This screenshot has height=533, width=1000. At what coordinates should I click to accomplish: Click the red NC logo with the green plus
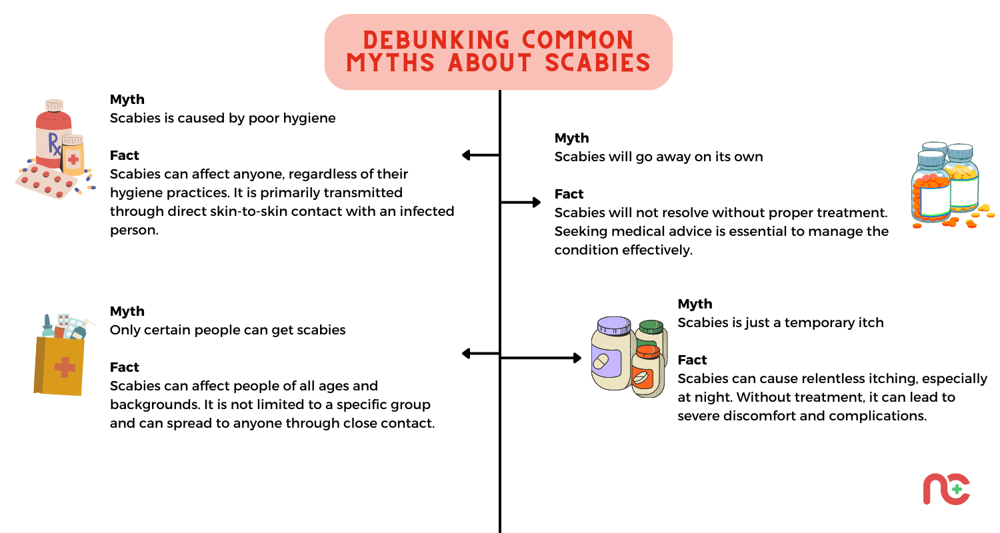pyautogui.click(x=946, y=489)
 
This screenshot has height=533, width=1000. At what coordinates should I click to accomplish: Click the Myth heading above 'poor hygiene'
pyautogui.click(x=127, y=99)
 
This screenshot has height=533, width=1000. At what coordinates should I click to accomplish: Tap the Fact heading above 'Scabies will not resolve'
pyautogui.click(x=569, y=194)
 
